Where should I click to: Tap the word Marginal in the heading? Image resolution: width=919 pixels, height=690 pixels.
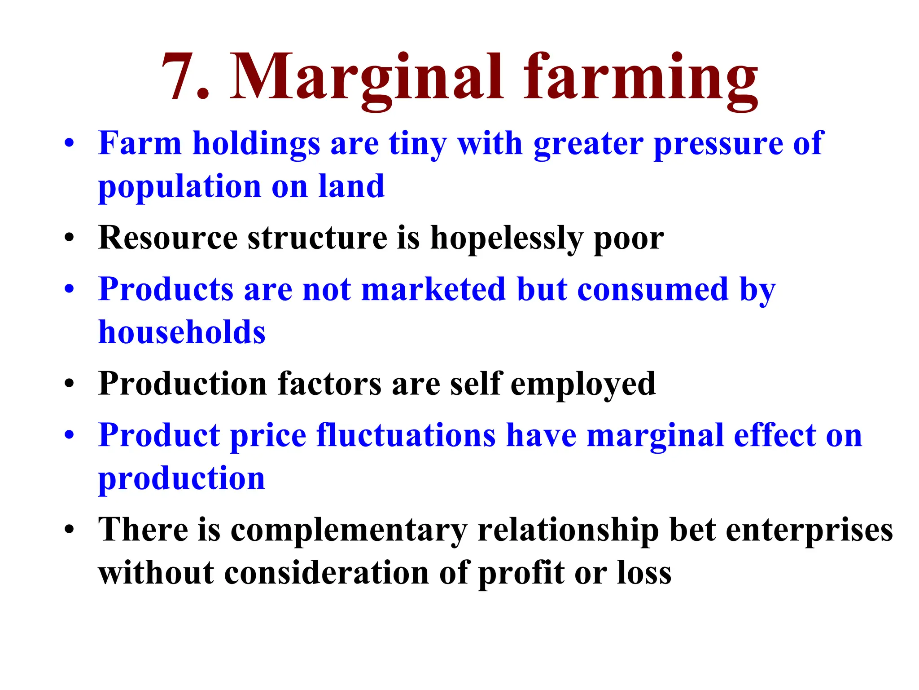(x=367, y=77)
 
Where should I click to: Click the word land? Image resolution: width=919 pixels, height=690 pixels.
(x=351, y=186)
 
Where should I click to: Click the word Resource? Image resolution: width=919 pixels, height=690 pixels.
(x=168, y=238)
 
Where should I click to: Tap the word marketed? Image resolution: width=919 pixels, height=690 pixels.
(x=433, y=289)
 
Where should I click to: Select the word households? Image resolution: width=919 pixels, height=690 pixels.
(x=182, y=332)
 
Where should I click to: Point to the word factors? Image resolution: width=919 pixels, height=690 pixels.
(x=329, y=384)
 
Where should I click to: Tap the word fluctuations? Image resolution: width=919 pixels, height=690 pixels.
(x=406, y=435)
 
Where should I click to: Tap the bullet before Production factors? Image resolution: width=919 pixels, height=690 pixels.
(x=69, y=385)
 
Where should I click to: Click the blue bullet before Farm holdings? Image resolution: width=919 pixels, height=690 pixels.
(x=69, y=144)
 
